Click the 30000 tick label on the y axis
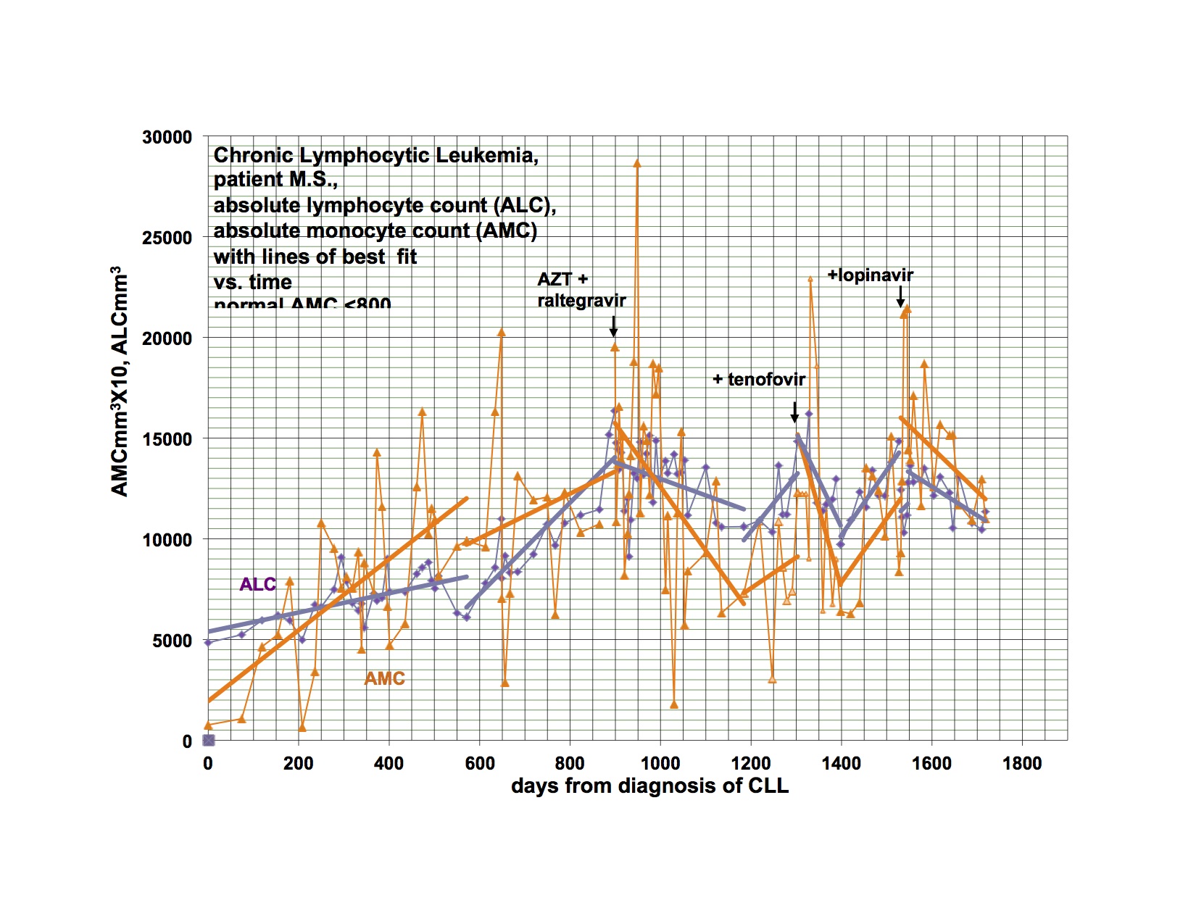click(x=167, y=138)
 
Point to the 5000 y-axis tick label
click(x=172, y=641)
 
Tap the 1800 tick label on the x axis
click(x=1022, y=763)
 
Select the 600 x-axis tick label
click(x=479, y=763)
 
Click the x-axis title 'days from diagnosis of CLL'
click(x=649, y=786)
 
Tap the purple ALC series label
click(x=257, y=585)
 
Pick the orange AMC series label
click(x=384, y=678)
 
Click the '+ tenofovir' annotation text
click(x=759, y=379)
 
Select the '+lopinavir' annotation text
click(x=870, y=275)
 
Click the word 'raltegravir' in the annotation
click(x=581, y=301)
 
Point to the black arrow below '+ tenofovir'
click(x=794, y=412)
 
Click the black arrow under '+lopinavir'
click(x=901, y=296)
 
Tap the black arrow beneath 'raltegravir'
click(x=613, y=327)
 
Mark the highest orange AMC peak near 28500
click(x=637, y=164)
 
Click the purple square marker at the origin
click(x=209, y=740)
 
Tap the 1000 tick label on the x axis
click(x=660, y=763)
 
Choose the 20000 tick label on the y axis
click(x=167, y=339)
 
